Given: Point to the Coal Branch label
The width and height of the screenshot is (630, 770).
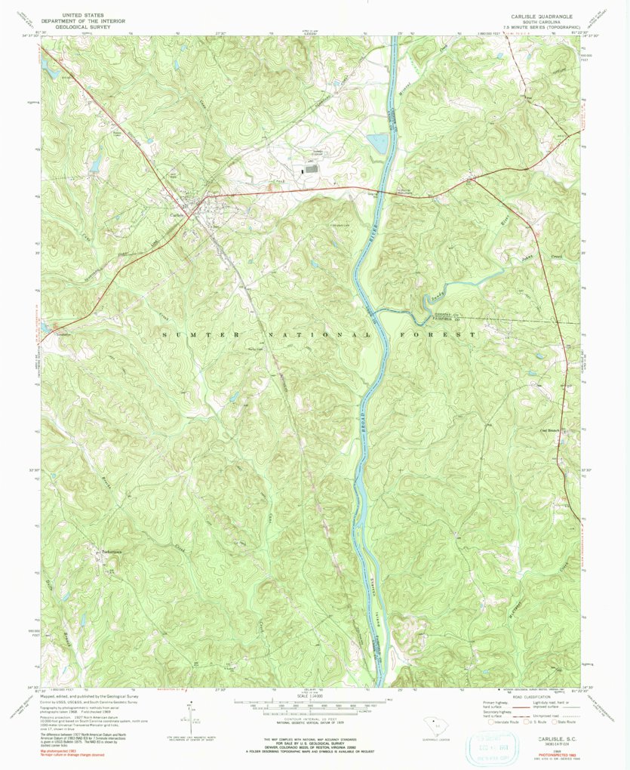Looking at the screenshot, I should tap(553, 433).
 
